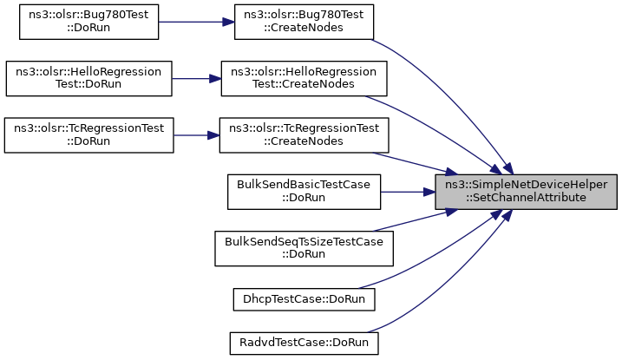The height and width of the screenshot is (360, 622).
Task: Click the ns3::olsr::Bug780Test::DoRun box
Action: [x=88, y=22]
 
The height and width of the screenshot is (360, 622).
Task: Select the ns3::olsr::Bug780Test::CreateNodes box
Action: [x=304, y=22]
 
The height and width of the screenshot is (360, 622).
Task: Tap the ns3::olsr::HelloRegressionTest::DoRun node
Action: [x=88, y=78]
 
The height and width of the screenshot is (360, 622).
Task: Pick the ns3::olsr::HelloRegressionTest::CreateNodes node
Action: [x=304, y=78]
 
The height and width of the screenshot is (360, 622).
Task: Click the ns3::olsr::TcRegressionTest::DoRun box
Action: [x=88, y=135]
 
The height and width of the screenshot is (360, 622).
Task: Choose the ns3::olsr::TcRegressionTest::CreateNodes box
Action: [x=304, y=135]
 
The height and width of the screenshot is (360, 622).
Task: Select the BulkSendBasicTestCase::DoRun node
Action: [x=304, y=192]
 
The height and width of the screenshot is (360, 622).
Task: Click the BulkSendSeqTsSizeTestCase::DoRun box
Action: [x=304, y=249]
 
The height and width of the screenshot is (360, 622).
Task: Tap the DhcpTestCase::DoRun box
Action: [x=304, y=299]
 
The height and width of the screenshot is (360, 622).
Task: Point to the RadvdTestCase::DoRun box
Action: [x=304, y=343]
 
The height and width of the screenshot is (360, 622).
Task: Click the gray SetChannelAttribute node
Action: [x=526, y=192]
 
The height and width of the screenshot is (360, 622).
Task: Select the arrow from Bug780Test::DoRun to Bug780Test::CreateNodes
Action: [x=196, y=22]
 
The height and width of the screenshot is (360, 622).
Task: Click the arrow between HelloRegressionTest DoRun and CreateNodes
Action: [x=196, y=78]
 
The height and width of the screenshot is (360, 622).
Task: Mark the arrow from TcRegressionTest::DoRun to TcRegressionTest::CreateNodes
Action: [x=196, y=135]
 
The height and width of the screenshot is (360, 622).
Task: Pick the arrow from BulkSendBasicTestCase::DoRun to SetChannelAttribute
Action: [x=408, y=192]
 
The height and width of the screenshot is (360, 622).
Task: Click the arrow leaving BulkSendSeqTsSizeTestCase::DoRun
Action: [x=415, y=220]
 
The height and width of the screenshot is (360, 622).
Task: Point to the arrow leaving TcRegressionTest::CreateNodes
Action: [x=415, y=164]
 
